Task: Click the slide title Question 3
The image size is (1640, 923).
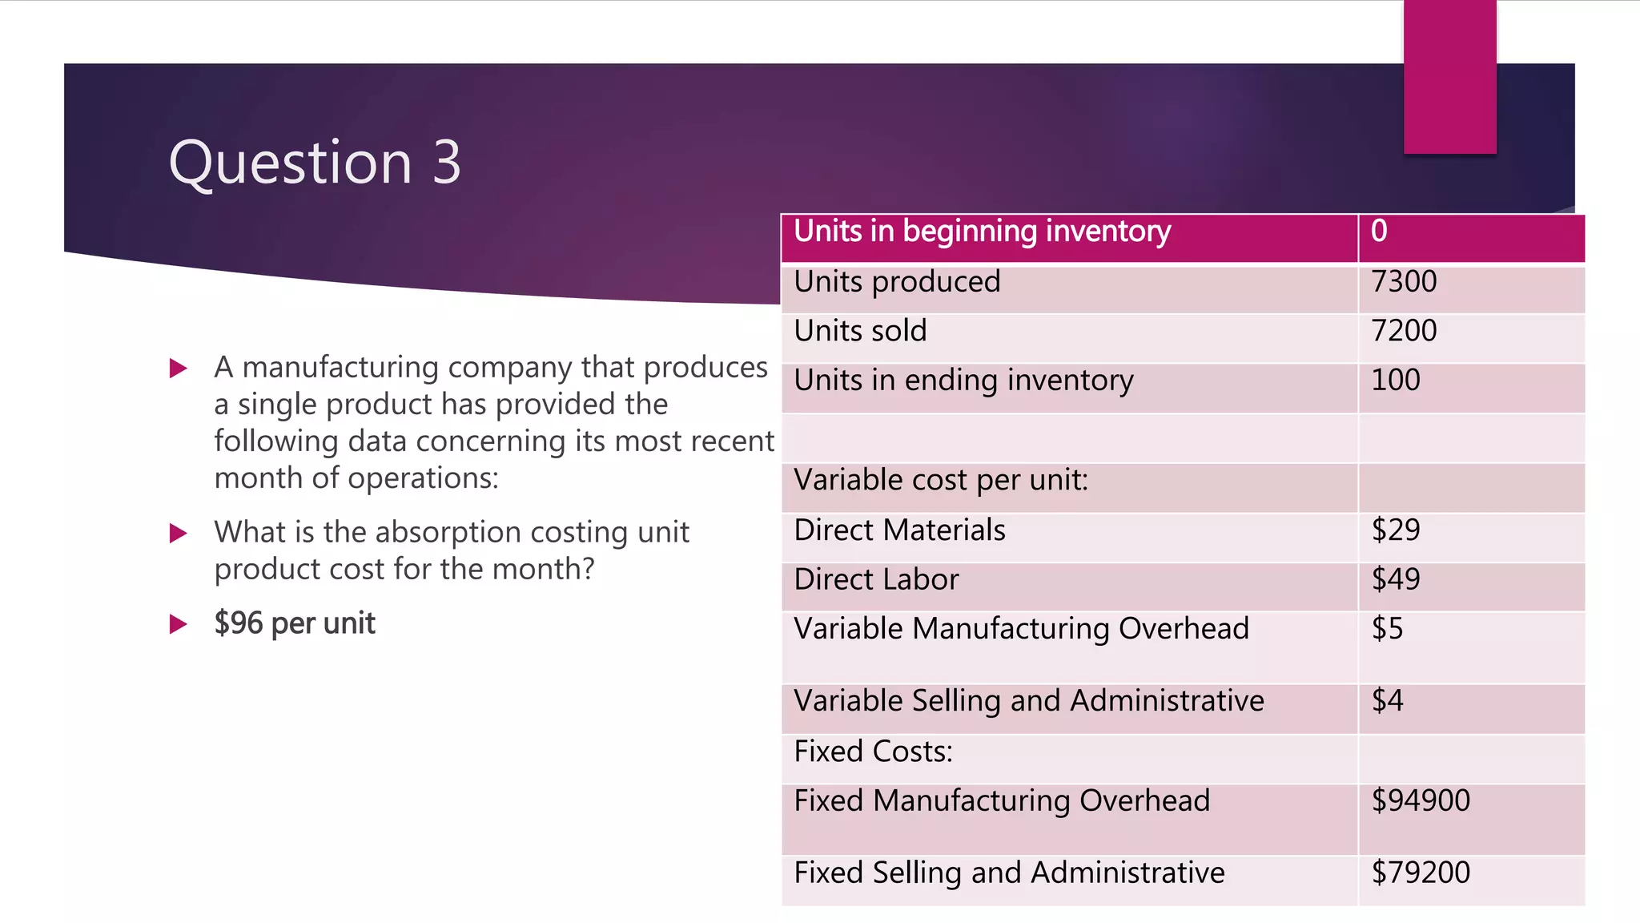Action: (x=315, y=163)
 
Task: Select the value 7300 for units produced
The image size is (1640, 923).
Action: (x=1404, y=282)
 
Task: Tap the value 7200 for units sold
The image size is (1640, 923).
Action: (x=1404, y=331)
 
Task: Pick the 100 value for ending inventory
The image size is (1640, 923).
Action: (x=1396, y=380)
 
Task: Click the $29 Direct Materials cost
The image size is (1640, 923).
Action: (x=1396, y=530)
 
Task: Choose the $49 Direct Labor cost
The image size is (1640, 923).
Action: (x=1396, y=579)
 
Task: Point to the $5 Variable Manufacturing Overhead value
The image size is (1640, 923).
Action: (x=1387, y=629)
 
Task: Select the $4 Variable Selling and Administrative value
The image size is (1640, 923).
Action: (x=1387, y=701)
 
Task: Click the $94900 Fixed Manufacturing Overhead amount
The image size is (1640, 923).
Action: (x=1421, y=800)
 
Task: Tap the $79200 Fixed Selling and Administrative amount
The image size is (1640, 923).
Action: (x=1421, y=873)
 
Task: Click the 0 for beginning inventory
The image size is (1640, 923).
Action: (x=1379, y=232)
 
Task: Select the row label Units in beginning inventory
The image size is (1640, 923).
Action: (x=982, y=232)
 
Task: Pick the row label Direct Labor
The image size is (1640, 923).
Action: (x=876, y=579)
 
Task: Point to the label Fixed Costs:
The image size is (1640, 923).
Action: (x=873, y=752)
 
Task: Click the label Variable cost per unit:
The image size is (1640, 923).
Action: (x=941, y=481)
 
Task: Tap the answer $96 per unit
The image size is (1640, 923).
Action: (x=295, y=623)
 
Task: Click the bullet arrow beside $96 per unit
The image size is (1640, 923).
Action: (x=179, y=624)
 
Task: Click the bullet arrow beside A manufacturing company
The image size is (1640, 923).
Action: (x=179, y=369)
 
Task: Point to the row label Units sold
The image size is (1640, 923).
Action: (x=860, y=331)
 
